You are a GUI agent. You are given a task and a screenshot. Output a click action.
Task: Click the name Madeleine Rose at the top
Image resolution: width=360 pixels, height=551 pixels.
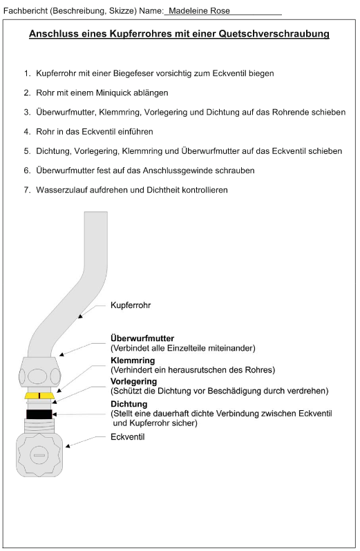199,11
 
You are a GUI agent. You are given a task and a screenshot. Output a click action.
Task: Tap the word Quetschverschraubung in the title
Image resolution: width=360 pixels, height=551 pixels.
274,34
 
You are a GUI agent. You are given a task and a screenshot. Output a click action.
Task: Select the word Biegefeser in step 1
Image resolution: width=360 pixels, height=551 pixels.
133,74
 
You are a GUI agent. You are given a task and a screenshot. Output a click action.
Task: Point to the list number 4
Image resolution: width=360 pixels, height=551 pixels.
27,132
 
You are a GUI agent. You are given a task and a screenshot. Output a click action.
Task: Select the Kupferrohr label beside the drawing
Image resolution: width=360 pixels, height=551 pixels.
131,305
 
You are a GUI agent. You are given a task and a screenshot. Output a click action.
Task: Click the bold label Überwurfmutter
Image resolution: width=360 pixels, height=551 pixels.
142,338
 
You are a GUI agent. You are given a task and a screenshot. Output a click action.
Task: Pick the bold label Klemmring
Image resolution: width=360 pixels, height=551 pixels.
133,360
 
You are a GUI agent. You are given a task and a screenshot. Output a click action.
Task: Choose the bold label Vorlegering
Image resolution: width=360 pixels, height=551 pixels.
133,382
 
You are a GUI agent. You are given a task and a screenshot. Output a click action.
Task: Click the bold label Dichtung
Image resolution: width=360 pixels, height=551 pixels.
129,404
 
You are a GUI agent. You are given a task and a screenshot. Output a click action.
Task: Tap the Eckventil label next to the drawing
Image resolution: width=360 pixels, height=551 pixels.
128,437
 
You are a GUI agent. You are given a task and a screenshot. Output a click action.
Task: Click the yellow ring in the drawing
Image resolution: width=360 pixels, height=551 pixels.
39,396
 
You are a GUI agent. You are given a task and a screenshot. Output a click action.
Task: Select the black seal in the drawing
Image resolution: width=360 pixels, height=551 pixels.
39,414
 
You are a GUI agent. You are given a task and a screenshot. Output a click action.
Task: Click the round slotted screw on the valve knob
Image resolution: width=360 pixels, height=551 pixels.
39,455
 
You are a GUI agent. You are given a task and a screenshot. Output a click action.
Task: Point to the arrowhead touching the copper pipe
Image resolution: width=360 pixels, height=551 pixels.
80,316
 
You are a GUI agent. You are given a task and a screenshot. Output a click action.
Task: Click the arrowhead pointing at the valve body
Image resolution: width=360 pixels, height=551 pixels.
68,446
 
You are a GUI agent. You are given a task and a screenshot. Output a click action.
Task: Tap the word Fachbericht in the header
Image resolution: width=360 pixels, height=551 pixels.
26,11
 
